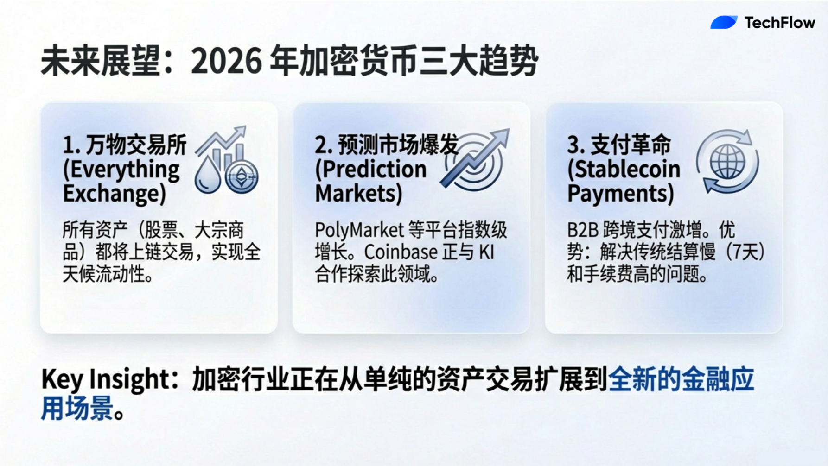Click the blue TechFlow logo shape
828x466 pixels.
coord(724,22)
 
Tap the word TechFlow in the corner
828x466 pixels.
coord(780,22)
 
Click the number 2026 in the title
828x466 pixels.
coord(227,61)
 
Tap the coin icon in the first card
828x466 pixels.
coord(242,176)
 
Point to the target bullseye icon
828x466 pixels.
coord(474,162)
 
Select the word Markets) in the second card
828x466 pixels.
coord(359,193)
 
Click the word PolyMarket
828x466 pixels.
coord(360,230)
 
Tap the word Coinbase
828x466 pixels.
coord(401,252)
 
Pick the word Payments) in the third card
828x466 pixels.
coord(621,194)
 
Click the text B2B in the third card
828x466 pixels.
coord(583,230)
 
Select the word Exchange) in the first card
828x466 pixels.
coord(115,194)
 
